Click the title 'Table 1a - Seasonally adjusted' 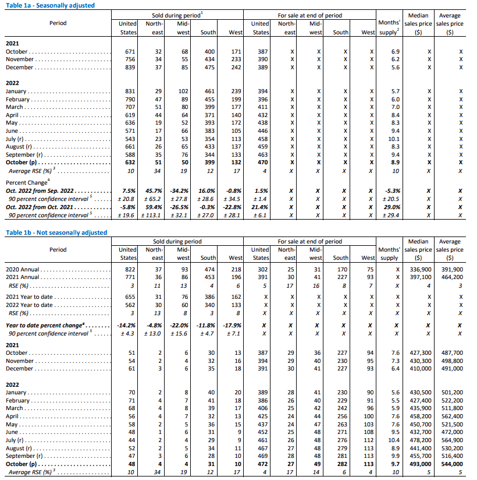point(50,5)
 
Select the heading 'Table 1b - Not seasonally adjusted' point(56,232)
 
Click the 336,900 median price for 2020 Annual point(421,270)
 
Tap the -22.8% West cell point(233,207)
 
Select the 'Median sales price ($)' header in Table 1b point(419,249)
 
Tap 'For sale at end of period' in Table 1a point(309,15)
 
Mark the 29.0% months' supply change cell point(393,207)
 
